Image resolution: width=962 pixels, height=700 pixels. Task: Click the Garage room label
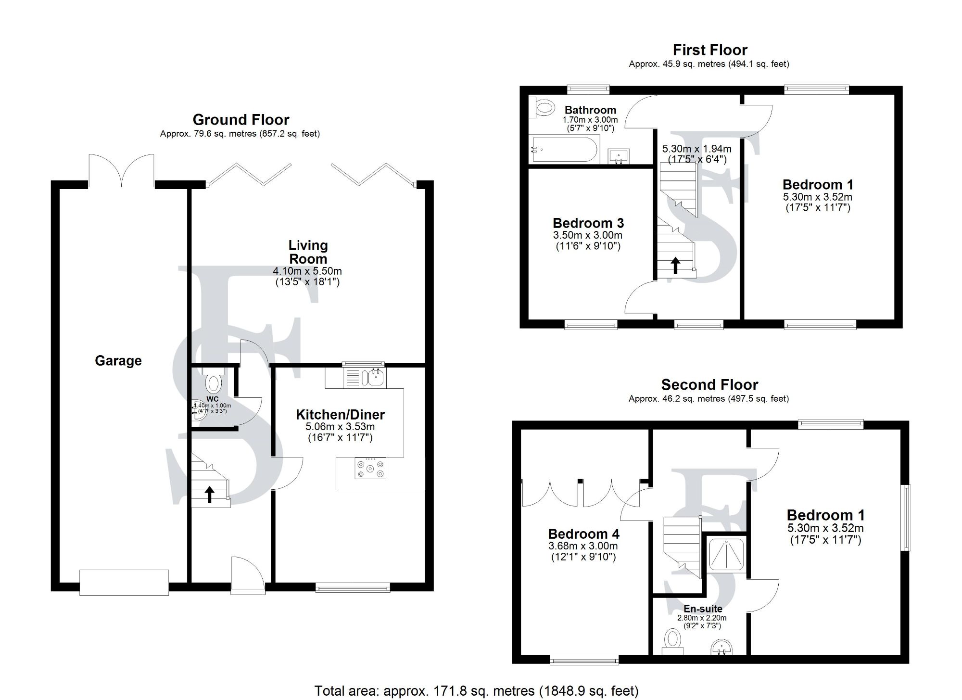(x=118, y=361)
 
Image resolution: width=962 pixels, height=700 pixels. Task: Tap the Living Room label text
(x=308, y=252)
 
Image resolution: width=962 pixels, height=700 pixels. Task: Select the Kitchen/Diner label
(x=341, y=415)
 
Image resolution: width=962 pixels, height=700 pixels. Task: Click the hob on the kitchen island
(x=370, y=469)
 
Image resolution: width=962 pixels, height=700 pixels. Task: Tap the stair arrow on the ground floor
(x=210, y=495)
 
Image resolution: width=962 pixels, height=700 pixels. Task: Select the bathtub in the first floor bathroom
(x=564, y=150)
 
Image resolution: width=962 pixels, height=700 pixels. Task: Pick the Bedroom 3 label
(x=588, y=223)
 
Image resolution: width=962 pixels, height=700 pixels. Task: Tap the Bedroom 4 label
(x=583, y=534)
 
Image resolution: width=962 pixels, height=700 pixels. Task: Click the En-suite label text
(x=703, y=609)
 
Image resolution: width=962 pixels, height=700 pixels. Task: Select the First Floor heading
(x=710, y=50)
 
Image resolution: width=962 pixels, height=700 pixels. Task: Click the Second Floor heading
(x=709, y=385)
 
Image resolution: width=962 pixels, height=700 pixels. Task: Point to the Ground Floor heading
(x=241, y=120)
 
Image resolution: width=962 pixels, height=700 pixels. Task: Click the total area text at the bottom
(x=476, y=691)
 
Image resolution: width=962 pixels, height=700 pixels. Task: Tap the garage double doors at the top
(x=121, y=171)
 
